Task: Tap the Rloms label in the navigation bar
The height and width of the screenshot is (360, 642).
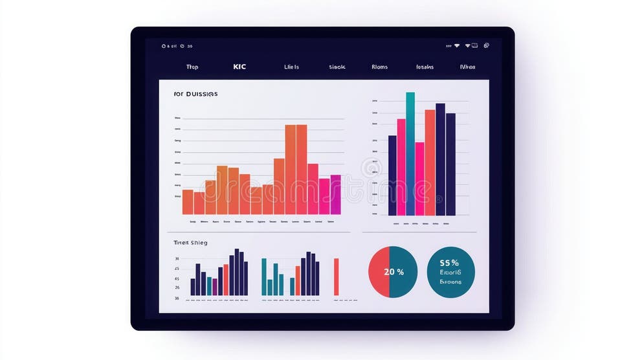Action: click(x=379, y=67)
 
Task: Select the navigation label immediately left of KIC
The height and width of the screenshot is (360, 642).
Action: click(x=192, y=67)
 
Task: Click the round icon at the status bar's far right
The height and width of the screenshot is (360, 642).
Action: click(x=486, y=46)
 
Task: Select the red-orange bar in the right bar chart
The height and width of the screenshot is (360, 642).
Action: click(x=430, y=162)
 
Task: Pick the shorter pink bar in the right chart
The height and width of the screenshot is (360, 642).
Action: click(x=419, y=179)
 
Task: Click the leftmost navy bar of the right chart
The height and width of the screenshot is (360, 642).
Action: click(x=392, y=175)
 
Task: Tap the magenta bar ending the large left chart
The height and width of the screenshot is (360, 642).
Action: click(x=335, y=194)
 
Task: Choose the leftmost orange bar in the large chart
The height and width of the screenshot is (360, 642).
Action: click(x=188, y=201)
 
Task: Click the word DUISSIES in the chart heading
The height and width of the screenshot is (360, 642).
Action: click(x=202, y=94)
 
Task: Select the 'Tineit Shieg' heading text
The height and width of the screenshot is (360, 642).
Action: click(x=190, y=242)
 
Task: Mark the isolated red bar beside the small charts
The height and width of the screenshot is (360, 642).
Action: click(x=337, y=276)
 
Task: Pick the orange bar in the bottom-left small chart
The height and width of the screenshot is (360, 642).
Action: click(x=226, y=279)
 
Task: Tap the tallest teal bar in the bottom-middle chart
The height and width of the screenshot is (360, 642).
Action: click(x=264, y=276)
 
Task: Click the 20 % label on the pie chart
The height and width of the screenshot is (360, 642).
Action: click(x=393, y=272)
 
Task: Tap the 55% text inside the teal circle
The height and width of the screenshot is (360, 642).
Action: click(x=449, y=263)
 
